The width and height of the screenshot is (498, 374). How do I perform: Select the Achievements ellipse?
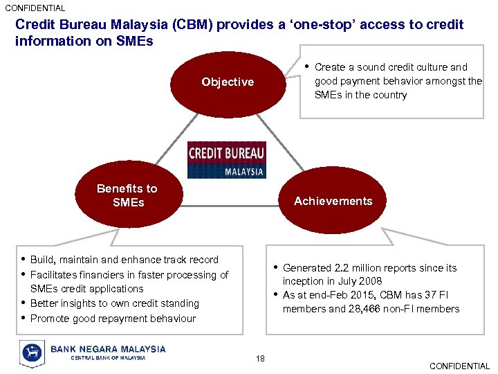(333, 202)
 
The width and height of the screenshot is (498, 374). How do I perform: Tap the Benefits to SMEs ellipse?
(127, 196)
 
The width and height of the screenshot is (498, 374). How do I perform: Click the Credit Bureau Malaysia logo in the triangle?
(226, 160)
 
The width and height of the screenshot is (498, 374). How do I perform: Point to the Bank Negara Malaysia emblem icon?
(32, 353)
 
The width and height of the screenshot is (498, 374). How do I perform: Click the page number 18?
(259, 358)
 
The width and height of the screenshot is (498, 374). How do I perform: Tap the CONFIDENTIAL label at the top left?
(35, 8)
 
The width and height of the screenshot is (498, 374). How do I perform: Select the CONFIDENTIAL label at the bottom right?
(459, 366)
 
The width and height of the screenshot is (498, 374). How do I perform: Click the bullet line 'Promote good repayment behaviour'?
(113, 319)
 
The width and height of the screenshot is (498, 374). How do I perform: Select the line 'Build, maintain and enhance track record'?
(124, 260)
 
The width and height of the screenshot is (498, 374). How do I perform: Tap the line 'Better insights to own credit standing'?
(115, 303)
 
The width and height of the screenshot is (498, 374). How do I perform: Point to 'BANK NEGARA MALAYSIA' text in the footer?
(108, 349)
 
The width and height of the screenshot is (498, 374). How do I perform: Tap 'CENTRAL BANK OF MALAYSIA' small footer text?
(108, 358)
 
